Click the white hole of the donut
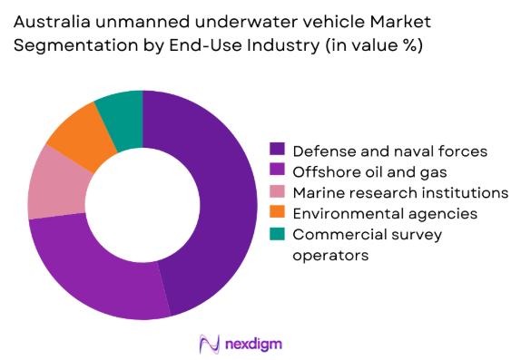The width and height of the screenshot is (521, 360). [x=143, y=205]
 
